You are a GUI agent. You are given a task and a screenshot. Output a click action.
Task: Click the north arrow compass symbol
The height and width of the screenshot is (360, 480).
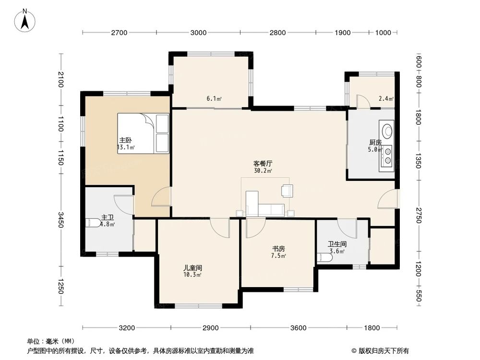coord(25,20)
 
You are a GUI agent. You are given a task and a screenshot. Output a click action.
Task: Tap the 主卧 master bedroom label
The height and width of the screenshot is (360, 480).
coord(125,141)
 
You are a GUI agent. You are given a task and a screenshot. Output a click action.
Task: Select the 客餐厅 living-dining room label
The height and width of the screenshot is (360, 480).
coord(263,164)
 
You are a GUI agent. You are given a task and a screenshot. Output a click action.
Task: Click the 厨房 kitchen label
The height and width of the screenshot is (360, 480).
coord(375,143)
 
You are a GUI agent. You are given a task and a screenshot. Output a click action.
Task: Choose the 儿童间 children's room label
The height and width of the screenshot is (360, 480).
coord(192,268)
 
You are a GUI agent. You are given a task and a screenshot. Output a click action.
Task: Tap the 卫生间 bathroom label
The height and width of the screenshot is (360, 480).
coord(337,244)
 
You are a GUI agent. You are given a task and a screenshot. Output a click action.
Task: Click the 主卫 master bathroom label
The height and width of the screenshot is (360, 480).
coord(108,217)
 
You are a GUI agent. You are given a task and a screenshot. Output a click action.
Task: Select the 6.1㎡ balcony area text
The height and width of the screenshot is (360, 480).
coord(214,98)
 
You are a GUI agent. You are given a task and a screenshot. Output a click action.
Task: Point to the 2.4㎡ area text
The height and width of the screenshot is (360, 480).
coord(386,98)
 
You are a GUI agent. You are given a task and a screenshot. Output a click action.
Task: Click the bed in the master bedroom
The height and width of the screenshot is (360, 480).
coord(143,133)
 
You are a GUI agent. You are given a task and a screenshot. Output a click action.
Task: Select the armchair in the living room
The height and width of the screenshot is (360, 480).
coord(287,191)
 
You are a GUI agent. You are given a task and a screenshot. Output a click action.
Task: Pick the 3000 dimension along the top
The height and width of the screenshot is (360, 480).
coord(198,33)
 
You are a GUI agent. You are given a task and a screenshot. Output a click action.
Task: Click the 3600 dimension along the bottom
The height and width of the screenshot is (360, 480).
coord(298,328)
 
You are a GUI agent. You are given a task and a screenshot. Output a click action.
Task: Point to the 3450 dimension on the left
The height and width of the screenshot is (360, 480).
coord(60,220)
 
